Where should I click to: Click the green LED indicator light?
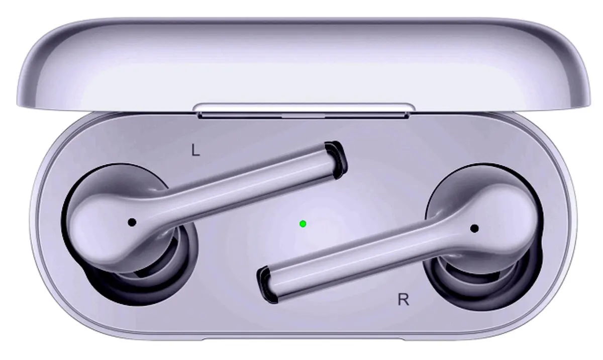303,224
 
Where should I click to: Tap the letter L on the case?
195,150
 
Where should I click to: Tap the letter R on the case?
403,300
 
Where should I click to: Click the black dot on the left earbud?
132,222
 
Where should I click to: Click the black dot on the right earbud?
474,229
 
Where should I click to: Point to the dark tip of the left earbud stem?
337,160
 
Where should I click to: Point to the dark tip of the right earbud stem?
267,286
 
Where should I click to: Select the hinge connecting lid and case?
304,111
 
